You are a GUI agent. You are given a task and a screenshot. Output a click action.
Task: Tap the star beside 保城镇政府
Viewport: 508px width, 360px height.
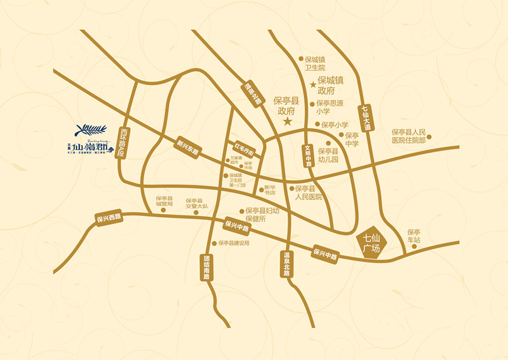[x=312, y=84]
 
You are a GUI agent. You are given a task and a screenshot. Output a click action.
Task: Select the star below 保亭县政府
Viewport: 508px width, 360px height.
[x=287, y=121]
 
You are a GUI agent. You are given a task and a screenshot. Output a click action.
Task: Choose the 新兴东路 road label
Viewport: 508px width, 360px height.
[x=188, y=147]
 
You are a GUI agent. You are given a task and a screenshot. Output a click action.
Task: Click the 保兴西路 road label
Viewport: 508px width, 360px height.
[x=109, y=218]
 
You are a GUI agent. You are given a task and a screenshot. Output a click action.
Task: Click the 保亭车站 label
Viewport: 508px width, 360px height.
[x=414, y=236]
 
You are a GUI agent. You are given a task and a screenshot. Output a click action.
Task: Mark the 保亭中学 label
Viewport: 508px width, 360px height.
[x=352, y=140]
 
